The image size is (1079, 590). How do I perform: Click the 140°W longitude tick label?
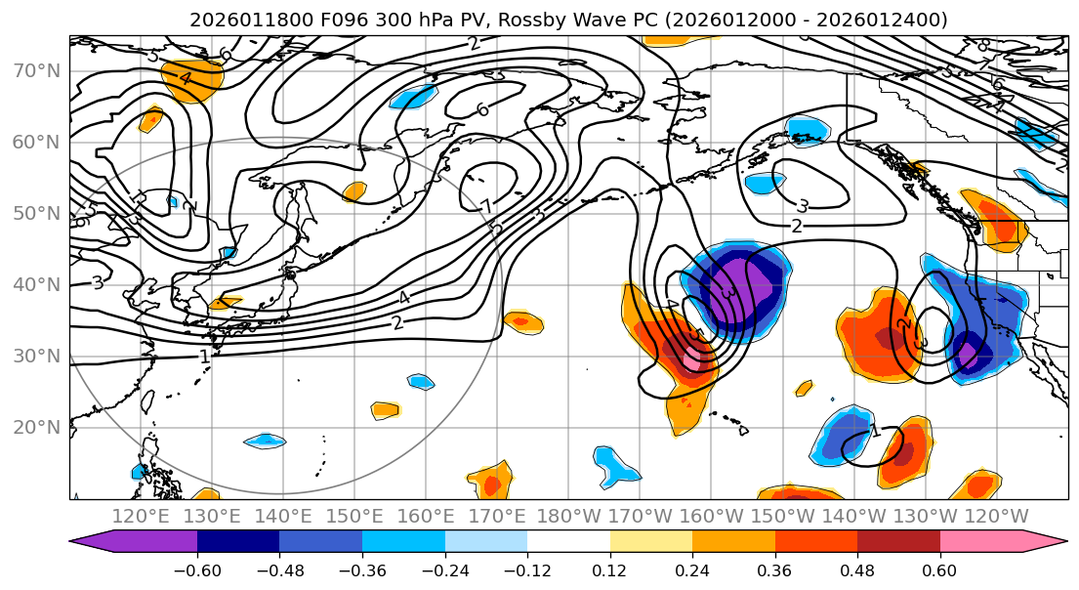point(852,517)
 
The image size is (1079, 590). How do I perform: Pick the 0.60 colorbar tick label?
point(939,568)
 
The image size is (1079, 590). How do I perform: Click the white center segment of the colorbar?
point(568,542)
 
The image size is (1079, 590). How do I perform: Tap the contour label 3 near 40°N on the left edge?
point(98,282)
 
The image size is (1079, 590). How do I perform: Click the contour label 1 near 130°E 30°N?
point(204,357)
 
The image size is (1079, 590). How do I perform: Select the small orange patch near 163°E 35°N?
point(523,319)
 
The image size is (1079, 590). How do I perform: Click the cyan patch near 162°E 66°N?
point(413,96)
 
